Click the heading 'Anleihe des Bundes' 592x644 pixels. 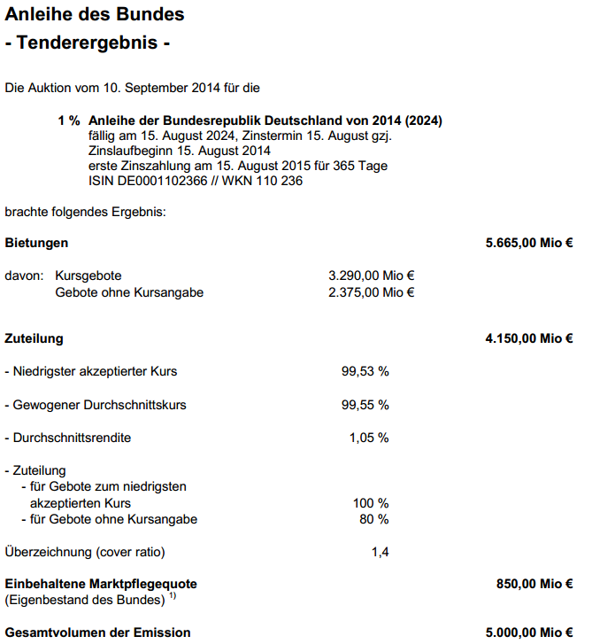click(x=95, y=15)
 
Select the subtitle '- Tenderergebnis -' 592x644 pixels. click(x=87, y=42)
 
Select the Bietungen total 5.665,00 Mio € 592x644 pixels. click(x=529, y=243)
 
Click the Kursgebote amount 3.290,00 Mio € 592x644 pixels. click(x=372, y=275)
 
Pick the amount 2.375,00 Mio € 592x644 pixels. click(x=372, y=292)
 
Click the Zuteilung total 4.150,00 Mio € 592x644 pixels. click(x=529, y=338)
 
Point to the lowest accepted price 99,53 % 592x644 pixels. click(x=365, y=371)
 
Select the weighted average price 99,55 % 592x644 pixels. click(x=365, y=405)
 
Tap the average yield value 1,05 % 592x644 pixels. click(x=369, y=438)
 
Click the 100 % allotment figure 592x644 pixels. click(x=371, y=503)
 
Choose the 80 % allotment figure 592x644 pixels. click(x=374, y=519)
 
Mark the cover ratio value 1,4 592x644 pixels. click(x=381, y=552)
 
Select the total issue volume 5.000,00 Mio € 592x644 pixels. click(x=529, y=632)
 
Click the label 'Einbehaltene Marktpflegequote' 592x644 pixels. click(x=101, y=585)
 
